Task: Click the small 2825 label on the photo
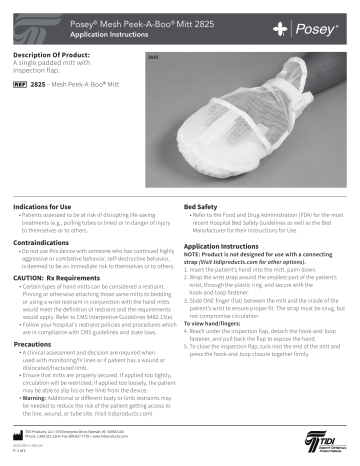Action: click(153, 59)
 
